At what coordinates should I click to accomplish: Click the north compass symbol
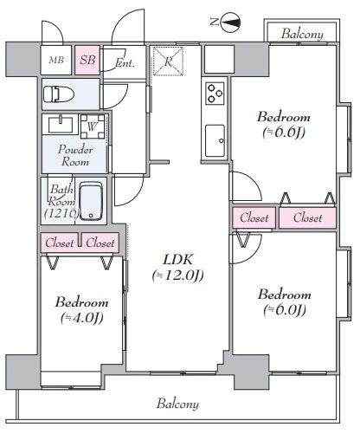231,22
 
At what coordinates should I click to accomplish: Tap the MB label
56,60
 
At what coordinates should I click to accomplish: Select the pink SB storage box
87,60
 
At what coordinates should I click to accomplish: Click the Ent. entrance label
125,62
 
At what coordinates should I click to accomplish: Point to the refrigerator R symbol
168,62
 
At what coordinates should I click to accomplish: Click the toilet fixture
59,94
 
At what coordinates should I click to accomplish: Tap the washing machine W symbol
93,126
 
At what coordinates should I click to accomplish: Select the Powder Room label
75,155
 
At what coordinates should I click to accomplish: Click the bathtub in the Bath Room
91,201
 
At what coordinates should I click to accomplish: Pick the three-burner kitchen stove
215,94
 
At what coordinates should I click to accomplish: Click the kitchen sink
215,140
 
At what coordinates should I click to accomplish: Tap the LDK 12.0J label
177,267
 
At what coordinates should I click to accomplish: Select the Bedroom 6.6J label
284,125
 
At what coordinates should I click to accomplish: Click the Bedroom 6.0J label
285,302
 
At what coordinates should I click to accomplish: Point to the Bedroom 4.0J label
82,310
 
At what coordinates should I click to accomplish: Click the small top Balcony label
302,34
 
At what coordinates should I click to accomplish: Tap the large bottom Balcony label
177,404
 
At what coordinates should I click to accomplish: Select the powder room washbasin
61,125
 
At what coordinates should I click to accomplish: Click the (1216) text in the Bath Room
61,213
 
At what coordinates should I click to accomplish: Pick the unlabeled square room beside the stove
219,59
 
